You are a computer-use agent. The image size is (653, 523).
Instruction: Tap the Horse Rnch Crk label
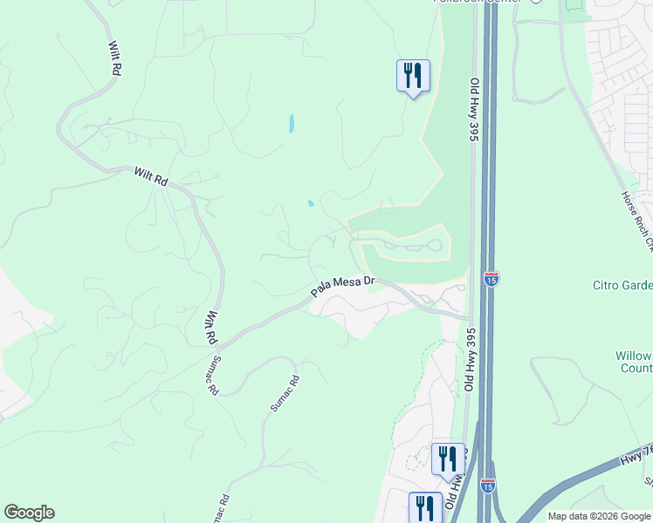pos(635,218)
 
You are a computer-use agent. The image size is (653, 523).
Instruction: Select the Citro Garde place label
pos(622,285)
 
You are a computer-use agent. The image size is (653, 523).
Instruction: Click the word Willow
pos(633,356)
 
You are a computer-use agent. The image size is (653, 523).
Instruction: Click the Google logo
pos(29,513)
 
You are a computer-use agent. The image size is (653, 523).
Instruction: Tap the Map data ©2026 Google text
pos(599,516)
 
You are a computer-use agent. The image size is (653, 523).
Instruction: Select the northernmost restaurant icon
pos(412,76)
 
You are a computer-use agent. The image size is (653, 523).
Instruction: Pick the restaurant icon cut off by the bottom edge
pos(425,507)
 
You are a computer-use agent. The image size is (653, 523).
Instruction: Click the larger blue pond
pos(290,124)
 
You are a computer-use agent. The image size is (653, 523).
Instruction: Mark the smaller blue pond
pos(310,204)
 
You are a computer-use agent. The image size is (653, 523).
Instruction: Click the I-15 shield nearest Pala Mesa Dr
pos(489,279)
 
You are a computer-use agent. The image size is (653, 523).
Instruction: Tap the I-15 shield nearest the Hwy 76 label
pos(488,485)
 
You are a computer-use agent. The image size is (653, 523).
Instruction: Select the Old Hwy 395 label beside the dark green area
pos(475,110)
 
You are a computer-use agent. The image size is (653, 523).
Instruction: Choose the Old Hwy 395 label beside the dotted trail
pos(469,360)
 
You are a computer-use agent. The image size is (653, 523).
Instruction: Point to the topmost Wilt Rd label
pos(113,59)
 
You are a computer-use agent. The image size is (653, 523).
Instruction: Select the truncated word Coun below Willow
pos(640,369)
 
